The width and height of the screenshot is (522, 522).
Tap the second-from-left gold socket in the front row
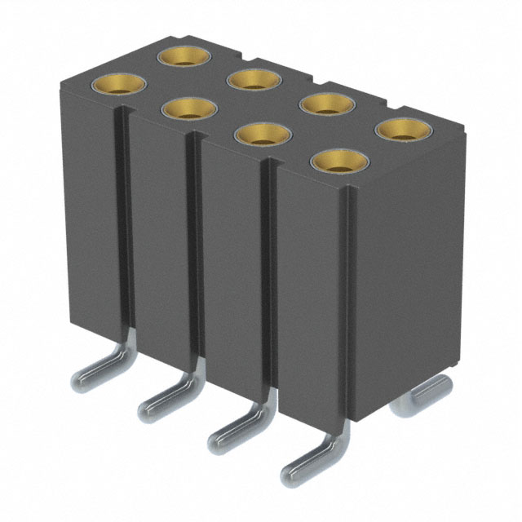(188, 108)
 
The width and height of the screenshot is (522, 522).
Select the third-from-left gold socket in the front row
(259, 134)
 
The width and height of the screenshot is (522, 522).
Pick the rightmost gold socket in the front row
(334, 160)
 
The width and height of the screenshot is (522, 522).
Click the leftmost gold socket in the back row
(184, 55)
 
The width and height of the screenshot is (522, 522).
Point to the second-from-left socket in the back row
(254, 79)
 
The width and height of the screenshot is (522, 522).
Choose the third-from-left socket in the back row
(325, 104)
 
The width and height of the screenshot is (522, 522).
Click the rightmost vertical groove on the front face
(269, 277)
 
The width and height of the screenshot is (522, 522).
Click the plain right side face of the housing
(408, 269)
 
